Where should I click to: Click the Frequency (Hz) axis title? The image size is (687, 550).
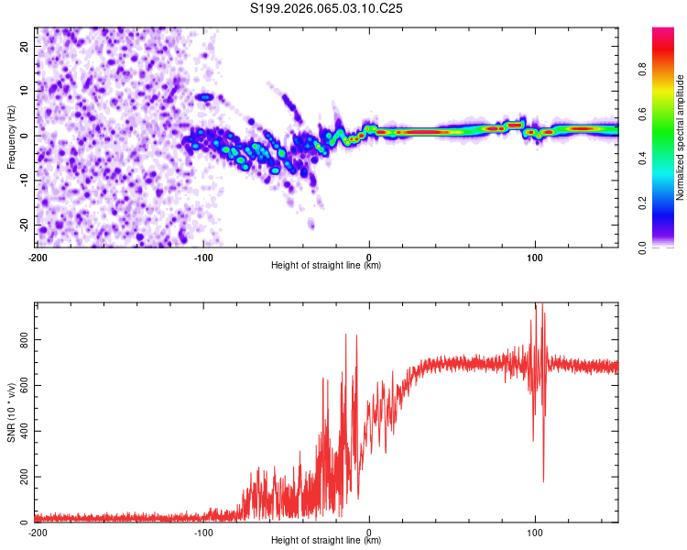11,137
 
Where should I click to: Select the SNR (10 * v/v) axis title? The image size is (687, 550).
11,412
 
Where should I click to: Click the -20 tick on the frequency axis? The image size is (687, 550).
23,225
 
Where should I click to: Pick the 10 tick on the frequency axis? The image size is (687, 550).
25,90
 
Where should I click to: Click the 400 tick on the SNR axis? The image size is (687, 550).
20,431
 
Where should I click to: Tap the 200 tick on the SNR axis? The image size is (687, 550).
20,478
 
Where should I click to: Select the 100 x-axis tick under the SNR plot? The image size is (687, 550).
535,532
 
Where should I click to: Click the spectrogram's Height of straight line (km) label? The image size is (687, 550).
326,266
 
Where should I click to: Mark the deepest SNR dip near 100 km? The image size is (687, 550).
543,481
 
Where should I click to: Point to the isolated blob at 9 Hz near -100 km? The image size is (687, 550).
205,96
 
